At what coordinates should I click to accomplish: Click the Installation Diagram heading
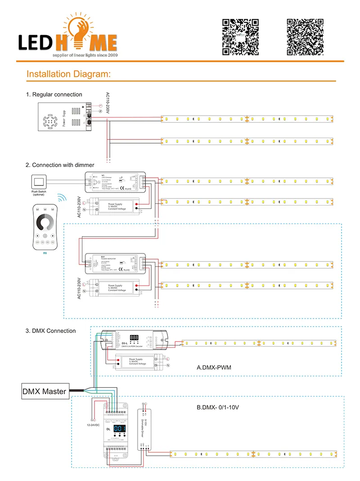(68, 74)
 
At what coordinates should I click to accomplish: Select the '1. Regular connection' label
(54, 94)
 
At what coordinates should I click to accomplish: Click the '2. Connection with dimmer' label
(60, 165)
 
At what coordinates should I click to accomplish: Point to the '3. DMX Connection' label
(50, 331)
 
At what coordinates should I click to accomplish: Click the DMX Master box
(45, 391)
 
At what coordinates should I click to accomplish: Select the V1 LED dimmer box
(115, 184)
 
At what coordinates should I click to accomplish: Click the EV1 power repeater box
(115, 264)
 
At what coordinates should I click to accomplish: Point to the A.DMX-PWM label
(214, 368)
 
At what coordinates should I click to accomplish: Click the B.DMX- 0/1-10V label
(218, 407)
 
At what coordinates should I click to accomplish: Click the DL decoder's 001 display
(119, 428)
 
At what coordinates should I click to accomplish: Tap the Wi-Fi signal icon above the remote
(60, 197)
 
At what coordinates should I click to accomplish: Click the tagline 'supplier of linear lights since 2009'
(85, 54)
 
